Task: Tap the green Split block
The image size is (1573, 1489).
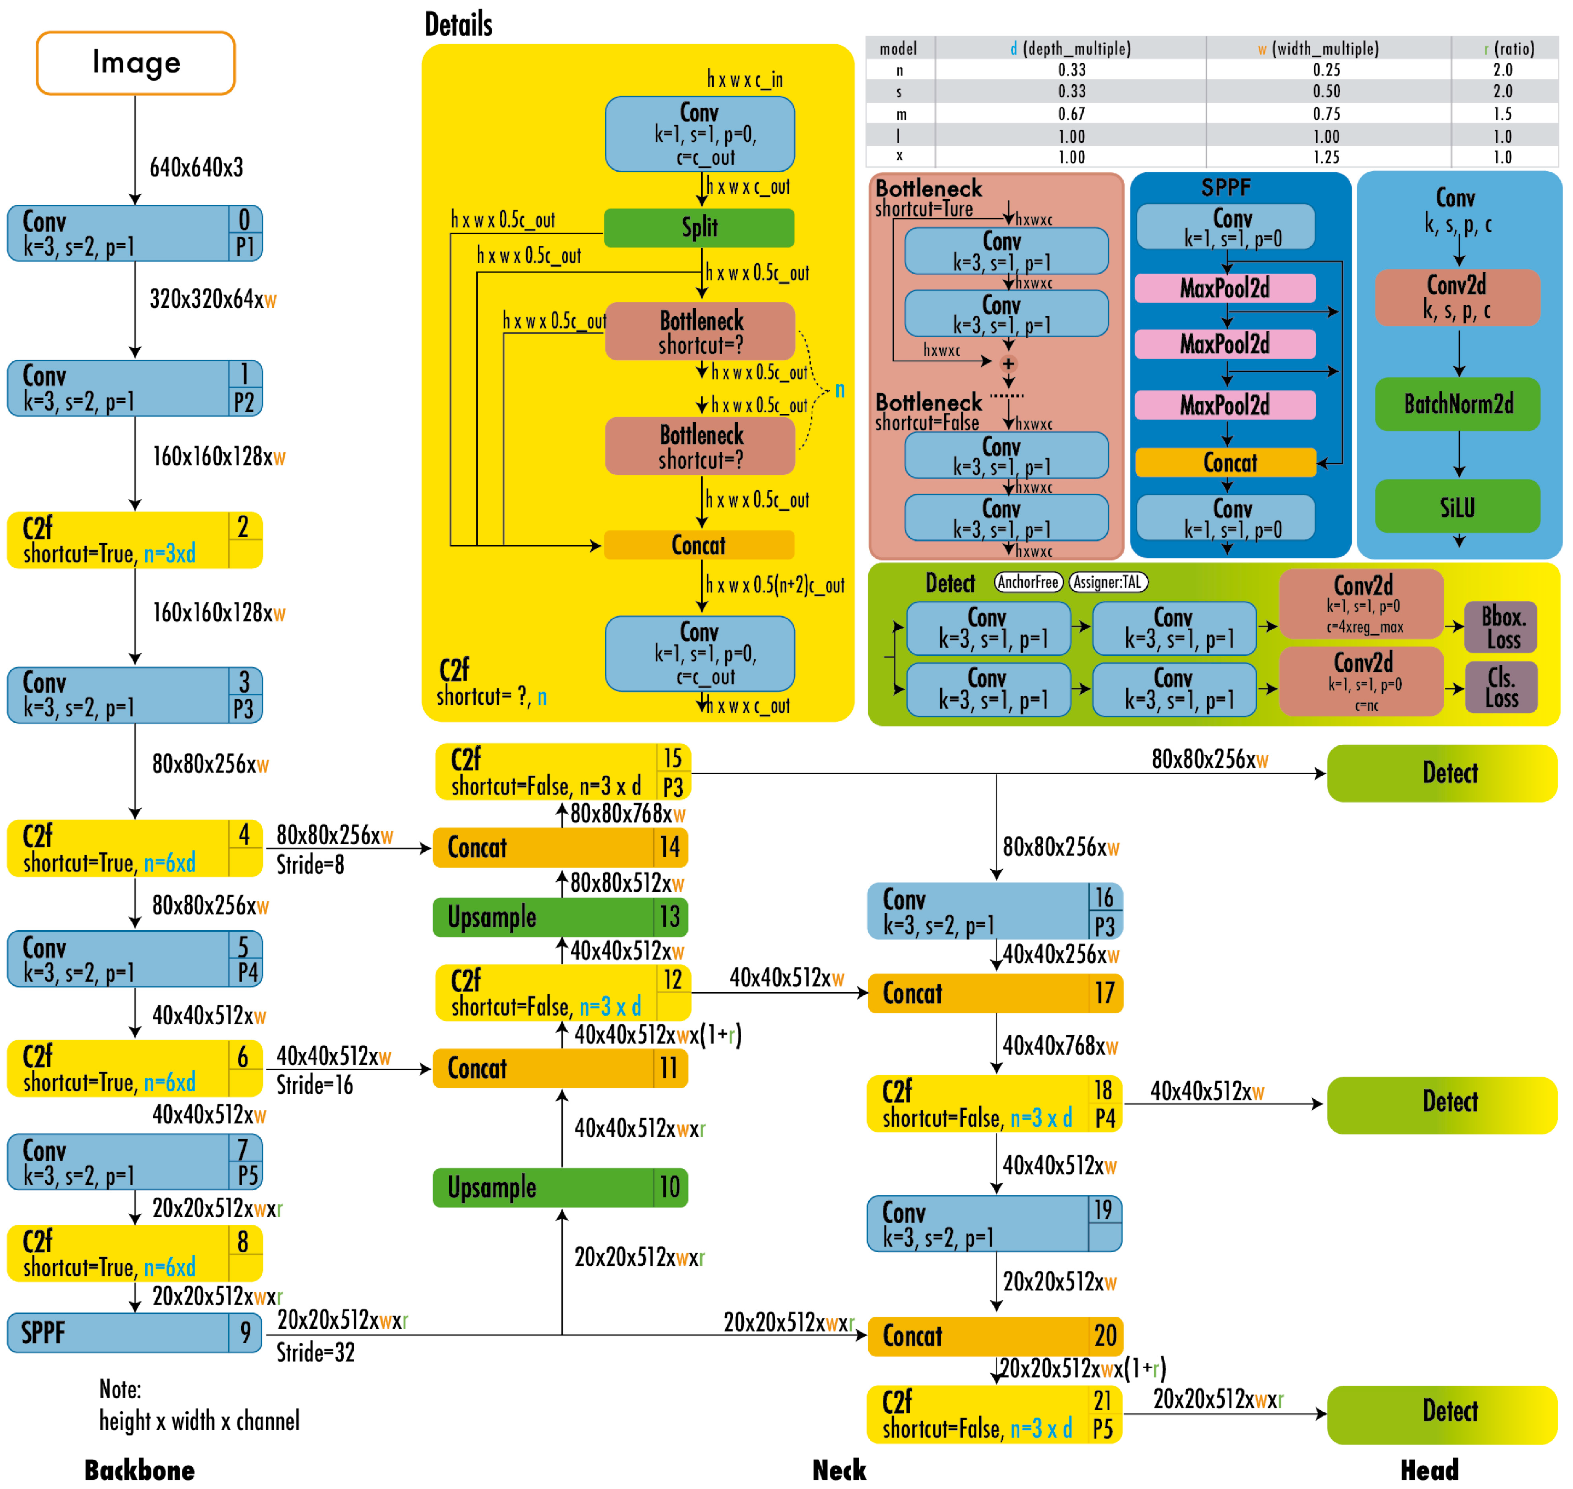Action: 699,228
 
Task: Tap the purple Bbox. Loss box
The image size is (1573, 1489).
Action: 1501,627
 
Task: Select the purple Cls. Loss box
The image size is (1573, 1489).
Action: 1501,688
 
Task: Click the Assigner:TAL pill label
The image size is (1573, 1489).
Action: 1108,582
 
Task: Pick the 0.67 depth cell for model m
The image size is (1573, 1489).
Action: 1071,114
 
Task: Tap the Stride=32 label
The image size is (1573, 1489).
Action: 315,1352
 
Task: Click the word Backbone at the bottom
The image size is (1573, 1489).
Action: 140,1470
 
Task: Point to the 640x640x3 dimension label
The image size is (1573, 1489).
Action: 196,168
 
